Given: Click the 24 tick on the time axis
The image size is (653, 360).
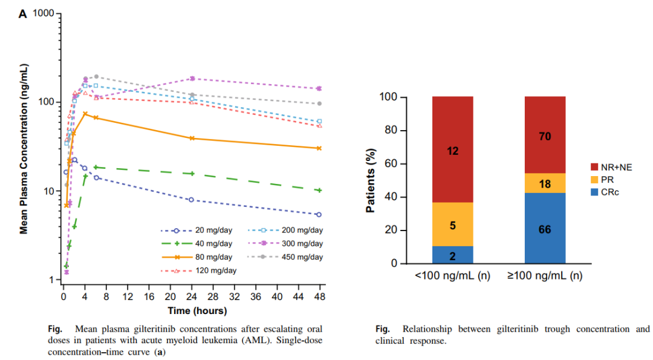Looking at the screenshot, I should (192, 298).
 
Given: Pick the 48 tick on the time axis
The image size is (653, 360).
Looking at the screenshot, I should (319, 298).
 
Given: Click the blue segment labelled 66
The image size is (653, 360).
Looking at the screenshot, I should (545, 229).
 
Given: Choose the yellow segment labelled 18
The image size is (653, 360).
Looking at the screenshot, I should (545, 183).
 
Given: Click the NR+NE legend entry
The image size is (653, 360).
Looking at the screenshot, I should (611, 166).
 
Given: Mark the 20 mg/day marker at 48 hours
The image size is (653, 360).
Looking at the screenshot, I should (319, 214).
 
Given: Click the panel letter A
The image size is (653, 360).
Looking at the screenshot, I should (23, 14).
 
